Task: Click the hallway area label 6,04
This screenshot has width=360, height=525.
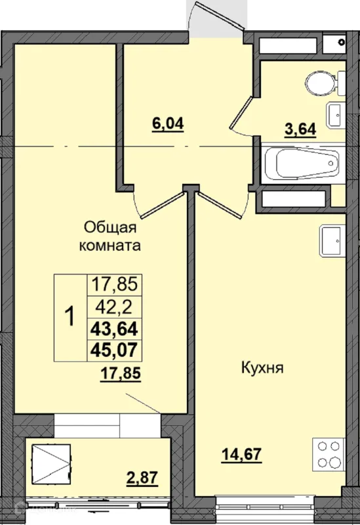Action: (x=168, y=124)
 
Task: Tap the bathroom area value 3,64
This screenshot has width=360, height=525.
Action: (x=300, y=129)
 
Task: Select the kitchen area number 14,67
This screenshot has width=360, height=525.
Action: (x=241, y=454)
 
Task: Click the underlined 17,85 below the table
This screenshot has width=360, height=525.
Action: (x=121, y=373)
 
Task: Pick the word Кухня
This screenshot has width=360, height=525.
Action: (x=262, y=368)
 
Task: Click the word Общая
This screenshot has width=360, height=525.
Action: (x=110, y=228)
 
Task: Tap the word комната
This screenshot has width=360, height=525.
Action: (x=110, y=246)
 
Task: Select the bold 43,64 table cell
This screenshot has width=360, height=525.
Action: (x=114, y=329)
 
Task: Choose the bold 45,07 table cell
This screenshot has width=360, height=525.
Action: (x=114, y=350)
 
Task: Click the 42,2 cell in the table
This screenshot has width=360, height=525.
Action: (x=114, y=307)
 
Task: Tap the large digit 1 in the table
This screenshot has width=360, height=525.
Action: (x=70, y=317)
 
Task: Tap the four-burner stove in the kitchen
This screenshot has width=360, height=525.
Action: (x=329, y=454)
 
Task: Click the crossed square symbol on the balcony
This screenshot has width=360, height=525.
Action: (x=51, y=464)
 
